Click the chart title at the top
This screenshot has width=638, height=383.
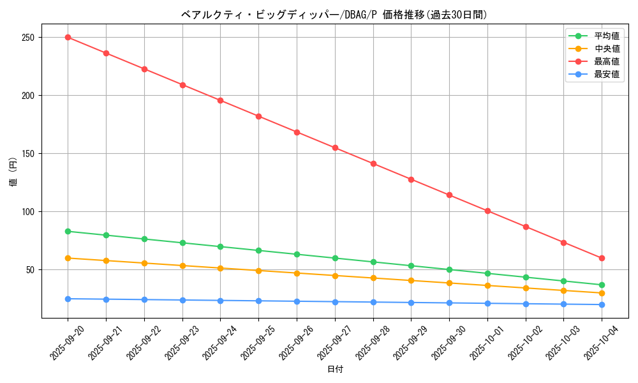(334, 15)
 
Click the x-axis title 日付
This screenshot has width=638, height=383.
(335, 370)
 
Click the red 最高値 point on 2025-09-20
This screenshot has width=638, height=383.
(68, 37)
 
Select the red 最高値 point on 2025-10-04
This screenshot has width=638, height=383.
(602, 258)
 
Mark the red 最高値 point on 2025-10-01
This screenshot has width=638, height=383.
(487, 211)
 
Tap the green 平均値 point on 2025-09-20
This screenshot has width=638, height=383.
(68, 231)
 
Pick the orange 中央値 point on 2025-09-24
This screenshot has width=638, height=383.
(220, 268)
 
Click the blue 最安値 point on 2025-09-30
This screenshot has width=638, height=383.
(449, 303)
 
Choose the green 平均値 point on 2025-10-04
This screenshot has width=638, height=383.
(602, 285)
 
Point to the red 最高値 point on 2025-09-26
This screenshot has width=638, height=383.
(297, 132)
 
